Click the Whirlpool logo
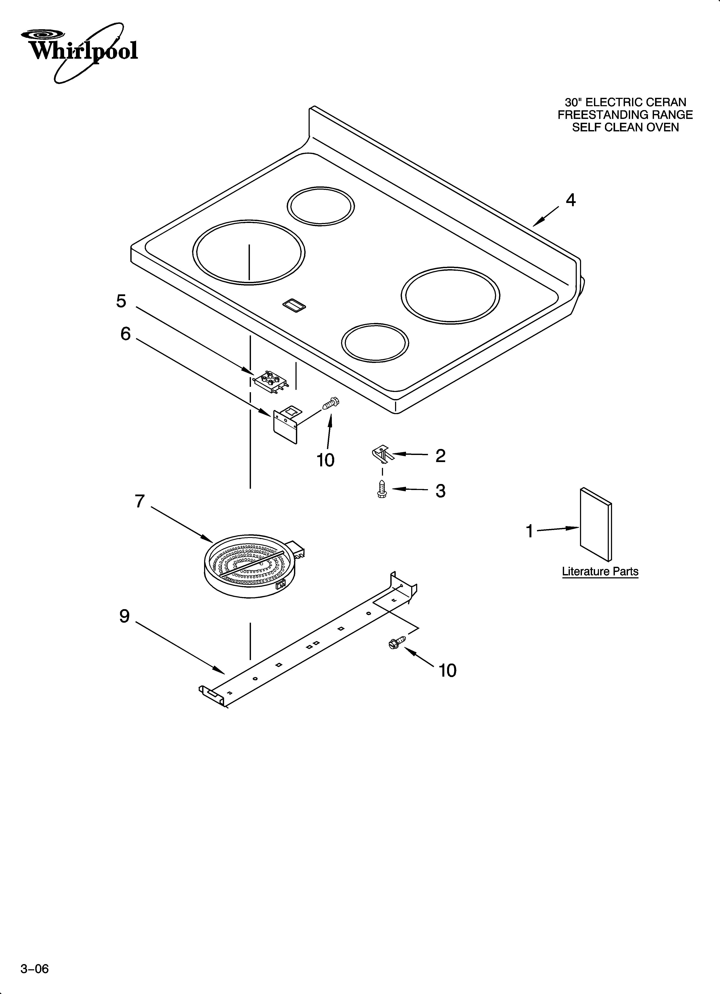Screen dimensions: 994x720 [x=81, y=50]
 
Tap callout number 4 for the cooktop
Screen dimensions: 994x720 [x=570, y=200]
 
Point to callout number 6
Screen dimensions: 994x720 [x=125, y=334]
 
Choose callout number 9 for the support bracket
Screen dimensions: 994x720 [x=125, y=616]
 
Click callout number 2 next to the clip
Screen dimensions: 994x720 [x=440, y=456]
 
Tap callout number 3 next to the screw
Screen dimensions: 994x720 [x=440, y=491]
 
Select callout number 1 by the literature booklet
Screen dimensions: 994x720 [x=530, y=531]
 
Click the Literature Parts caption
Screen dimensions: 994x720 [x=600, y=572]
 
